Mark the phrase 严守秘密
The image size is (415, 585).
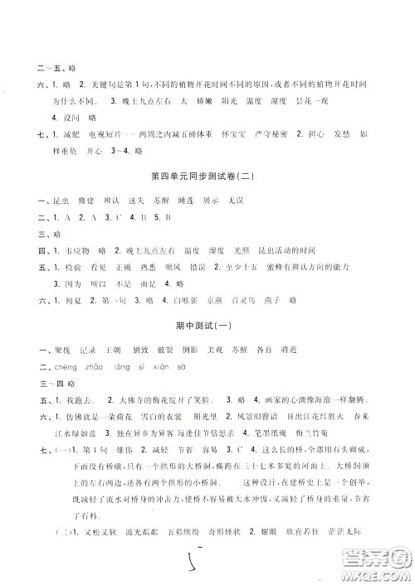point(267,133)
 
